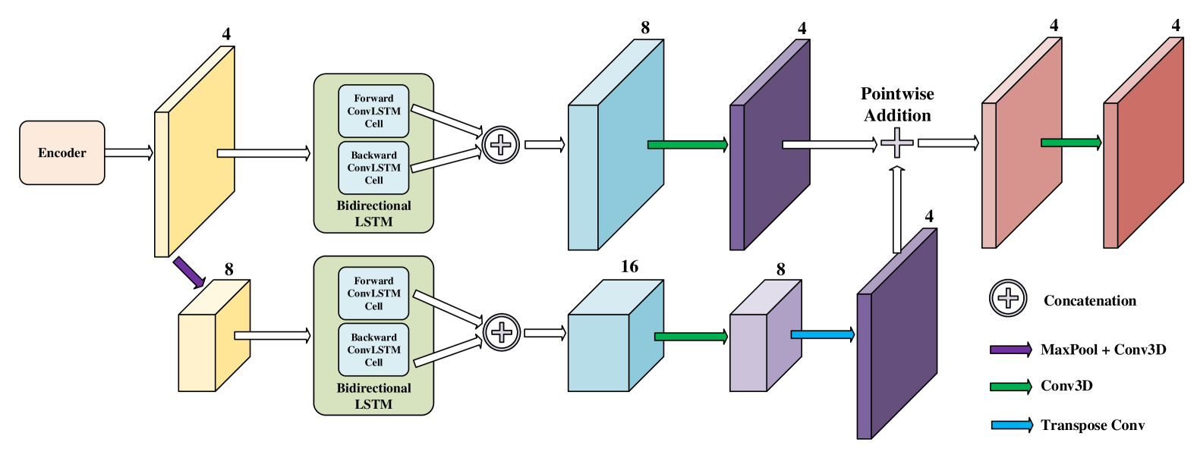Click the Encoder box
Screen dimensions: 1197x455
coord(62,152)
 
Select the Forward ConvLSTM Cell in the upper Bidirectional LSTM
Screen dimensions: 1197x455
coord(373,111)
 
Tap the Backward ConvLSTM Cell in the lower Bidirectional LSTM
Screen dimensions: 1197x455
coord(373,350)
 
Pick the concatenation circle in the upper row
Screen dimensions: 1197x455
coord(501,145)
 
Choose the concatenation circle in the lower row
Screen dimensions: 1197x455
coord(502,332)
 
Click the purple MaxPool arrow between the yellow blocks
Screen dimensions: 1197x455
coord(189,272)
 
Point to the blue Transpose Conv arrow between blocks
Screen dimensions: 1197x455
coord(823,335)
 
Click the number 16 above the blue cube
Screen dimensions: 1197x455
coord(629,266)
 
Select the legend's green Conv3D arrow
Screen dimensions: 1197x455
coord(1011,387)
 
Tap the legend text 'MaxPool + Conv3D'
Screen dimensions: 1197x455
coord(1104,350)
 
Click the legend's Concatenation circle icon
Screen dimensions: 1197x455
coord(1008,298)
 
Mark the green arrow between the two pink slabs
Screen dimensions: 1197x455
coord(1072,143)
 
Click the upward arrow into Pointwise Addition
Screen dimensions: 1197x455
coord(896,209)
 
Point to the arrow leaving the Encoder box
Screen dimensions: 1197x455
coord(129,152)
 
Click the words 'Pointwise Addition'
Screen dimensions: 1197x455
coord(897,105)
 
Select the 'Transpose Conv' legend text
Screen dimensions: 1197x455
coord(1093,425)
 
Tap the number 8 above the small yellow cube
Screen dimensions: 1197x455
coord(228,270)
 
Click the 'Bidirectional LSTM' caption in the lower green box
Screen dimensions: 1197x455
coord(373,396)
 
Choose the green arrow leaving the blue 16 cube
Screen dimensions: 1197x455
coord(691,337)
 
